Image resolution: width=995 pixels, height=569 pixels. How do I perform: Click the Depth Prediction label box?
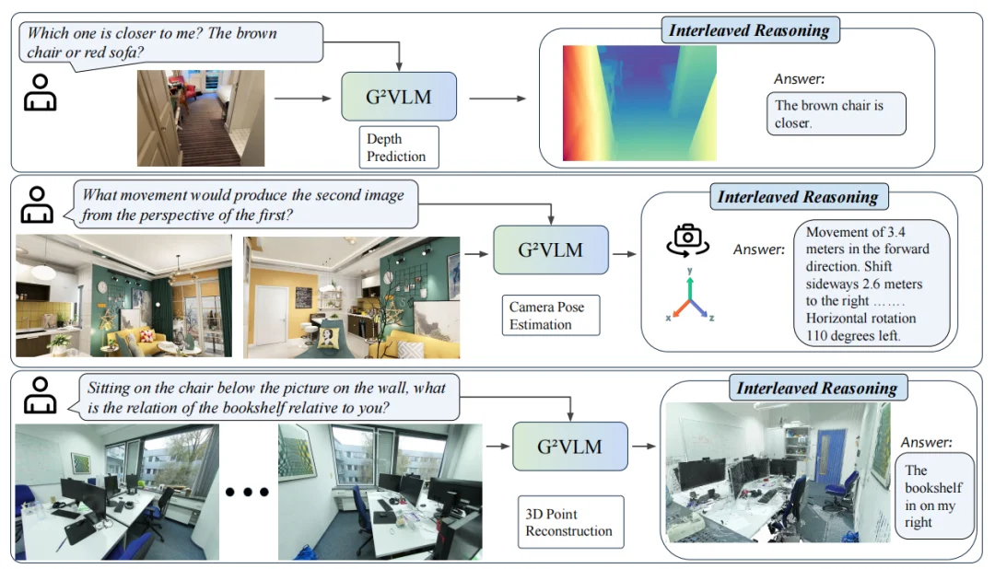pyautogui.click(x=397, y=147)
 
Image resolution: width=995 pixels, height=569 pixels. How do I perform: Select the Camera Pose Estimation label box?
pyautogui.click(x=553, y=315)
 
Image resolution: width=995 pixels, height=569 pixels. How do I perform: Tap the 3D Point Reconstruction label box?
pyautogui.click(x=568, y=522)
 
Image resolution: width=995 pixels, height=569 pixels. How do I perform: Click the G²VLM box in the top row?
pyautogui.click(x=398, y=97)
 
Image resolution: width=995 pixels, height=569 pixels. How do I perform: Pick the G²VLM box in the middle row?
pyautogui.click(x=550, y=249)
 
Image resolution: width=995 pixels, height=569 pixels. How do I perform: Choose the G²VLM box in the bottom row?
pyautogui.click(x=568, y=447)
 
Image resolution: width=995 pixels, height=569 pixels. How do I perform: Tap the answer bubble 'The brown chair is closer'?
pyautogui.click(x=836, y=113)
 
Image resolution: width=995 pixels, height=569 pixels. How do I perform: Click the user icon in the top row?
pyautogui.click(x=40, y=93)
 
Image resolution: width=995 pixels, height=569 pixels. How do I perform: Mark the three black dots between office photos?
pyautogui.click(x=247, y=492)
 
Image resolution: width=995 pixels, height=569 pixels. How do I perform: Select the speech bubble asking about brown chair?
pyautogui.click(x=170, y=41)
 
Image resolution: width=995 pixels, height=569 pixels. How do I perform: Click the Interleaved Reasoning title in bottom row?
pyautogui.click(x=816, y=388)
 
